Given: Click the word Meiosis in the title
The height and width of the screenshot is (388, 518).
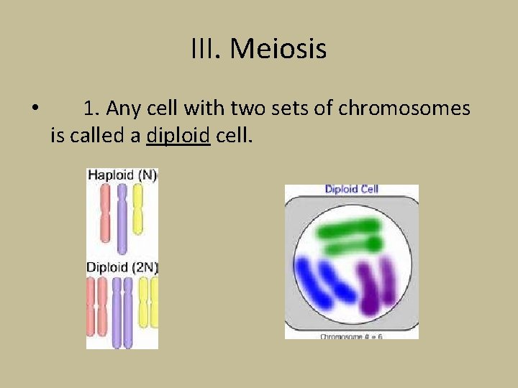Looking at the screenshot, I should pyautogui.click(x=279, y=50).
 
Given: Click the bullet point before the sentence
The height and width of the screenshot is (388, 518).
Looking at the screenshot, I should pyautogui.click(x=35, y=109).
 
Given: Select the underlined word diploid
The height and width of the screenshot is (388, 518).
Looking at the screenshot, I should pyautogui.click(x=178, y=134).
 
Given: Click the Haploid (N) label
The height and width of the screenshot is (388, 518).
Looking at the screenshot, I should pyautogui.click(x=122, y=175).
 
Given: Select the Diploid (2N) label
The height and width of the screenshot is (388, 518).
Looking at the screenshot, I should pyautogui.click(x=122, y=267).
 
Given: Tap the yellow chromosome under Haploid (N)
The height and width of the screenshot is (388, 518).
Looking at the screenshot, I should pyautogui.click(x=138, y=210).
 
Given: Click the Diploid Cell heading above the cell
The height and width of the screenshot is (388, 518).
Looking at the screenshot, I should pyautogui.click(x=351, y=190).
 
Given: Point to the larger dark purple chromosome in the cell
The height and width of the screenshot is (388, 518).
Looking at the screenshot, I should pyautogui.click(x=371, y=289).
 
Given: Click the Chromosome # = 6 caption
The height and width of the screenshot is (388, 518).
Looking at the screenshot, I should pyautogui.click(x=351, y=336).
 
